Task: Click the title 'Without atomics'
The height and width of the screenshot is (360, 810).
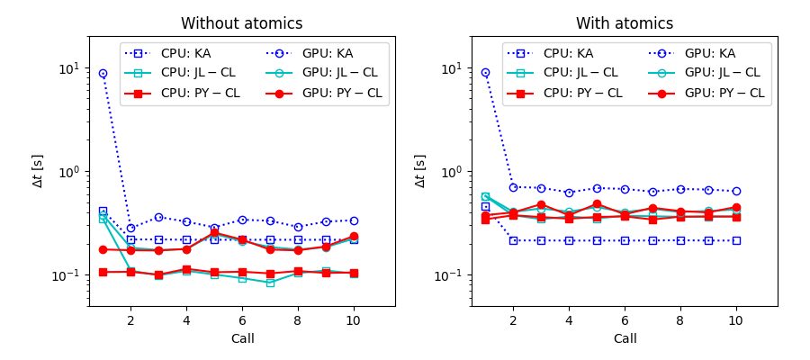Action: [241, 24]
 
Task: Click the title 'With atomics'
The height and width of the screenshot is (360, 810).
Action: [625, 24]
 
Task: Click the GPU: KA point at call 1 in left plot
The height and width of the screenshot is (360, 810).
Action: [103, 74]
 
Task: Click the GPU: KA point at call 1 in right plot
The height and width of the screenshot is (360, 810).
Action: [485, 73]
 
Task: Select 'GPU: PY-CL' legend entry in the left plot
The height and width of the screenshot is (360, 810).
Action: [341, 94]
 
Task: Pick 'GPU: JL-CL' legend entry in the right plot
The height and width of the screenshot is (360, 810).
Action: [724, 74]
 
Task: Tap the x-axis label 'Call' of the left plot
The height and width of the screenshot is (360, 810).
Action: [241, 339]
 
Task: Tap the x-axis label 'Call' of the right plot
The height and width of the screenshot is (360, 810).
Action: [625, 339]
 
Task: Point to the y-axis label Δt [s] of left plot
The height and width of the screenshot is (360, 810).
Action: [38, 171]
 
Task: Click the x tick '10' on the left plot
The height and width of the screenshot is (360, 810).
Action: [354, 320]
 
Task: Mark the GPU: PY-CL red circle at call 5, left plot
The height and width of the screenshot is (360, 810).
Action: [214, 233]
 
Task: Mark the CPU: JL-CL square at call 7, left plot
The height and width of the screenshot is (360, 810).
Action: [270, 283]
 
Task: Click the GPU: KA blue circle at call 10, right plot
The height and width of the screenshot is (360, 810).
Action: [736, 191]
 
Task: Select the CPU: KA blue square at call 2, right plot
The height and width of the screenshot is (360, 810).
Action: [513, 240]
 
